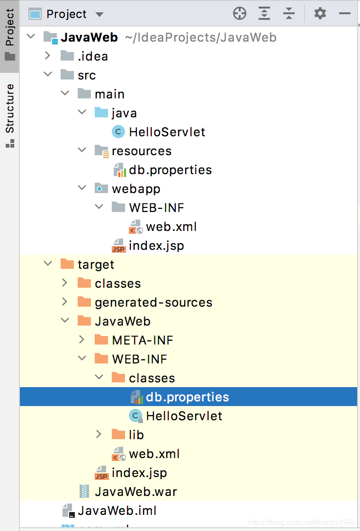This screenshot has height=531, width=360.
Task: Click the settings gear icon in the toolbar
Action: (320, 14)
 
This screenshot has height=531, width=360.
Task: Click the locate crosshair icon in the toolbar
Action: (240, 14)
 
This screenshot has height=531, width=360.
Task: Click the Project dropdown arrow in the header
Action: (99, 14)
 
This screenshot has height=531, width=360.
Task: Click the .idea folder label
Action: (93, 56)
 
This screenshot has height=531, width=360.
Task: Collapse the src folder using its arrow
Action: (47, 75)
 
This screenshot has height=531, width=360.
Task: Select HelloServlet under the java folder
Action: (167, 132)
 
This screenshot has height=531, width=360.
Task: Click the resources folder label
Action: (142, 151)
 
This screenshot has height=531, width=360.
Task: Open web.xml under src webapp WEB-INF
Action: (171, 227)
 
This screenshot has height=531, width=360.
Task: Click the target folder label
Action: (96, 265)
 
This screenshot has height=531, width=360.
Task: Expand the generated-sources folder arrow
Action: (65, 302)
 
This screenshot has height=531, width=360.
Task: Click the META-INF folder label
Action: (142, 340)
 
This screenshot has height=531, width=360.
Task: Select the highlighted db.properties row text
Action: (187, 397)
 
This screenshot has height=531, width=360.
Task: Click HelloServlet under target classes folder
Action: (184, 416)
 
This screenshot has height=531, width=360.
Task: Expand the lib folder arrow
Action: (99, 434)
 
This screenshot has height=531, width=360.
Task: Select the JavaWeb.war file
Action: (135, 492)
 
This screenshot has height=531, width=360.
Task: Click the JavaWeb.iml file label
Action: (117, 511)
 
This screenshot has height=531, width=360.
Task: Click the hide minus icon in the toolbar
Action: (345, 14)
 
